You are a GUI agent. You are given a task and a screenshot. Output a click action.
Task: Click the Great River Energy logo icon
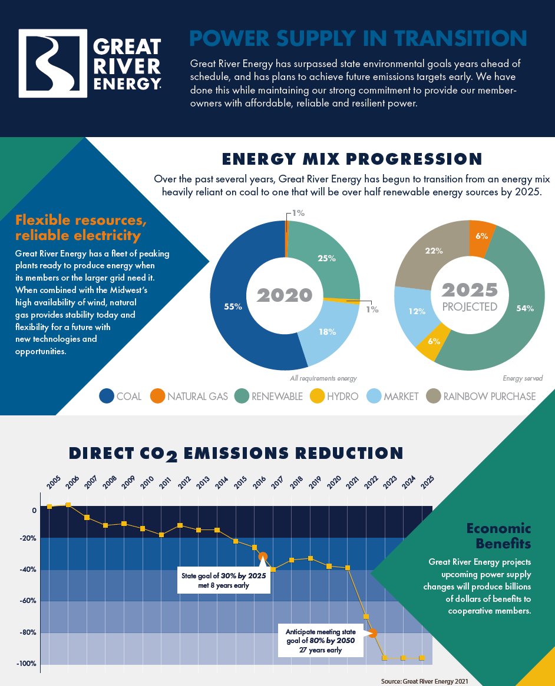(x=53, y=63)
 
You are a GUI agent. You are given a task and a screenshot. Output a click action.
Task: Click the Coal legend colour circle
(x=107, y=397)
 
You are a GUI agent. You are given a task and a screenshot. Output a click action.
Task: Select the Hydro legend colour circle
(x=316, y=397)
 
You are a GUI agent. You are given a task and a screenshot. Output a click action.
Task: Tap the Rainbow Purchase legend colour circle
(x=433, y=397)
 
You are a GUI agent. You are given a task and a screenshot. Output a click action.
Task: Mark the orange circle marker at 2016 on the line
(x=263, y=557)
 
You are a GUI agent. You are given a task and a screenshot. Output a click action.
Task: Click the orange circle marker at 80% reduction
(x=373, y=633)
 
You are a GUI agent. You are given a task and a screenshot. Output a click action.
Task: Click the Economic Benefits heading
(x=498, y=535)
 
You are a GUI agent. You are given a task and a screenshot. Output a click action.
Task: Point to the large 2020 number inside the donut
(x=285, y=294)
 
